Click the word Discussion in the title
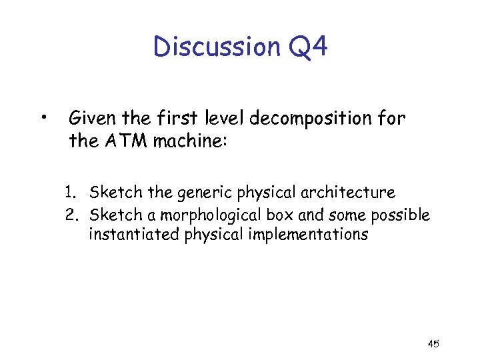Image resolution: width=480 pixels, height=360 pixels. coord(213,47)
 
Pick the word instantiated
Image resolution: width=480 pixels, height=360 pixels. coord(134,235)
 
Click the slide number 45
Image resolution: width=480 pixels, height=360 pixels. coord(433,344)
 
